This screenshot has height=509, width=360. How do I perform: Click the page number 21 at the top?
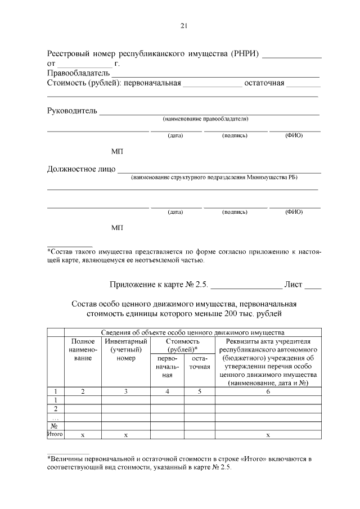(183, 25)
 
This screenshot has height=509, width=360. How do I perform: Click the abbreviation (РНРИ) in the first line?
(245, 54)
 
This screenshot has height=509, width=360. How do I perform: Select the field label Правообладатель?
(78, 74)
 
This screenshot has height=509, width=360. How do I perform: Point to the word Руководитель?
(72, 110)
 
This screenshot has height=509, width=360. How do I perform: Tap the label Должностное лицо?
(81, 169)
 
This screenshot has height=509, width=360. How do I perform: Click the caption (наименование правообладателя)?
(205, 119)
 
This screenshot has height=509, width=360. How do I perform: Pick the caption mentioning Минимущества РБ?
(214, 178)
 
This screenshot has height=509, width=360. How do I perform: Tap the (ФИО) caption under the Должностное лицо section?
(294, 212)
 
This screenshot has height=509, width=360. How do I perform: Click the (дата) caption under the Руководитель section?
(175, 136)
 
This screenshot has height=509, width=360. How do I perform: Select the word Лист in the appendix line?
(293, 285)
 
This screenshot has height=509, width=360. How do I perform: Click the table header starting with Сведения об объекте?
(192, 332)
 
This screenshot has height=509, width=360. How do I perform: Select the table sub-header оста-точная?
(200, 363)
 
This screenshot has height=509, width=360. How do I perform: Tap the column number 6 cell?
(268, 391)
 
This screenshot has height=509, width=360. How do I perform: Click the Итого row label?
(55, 435)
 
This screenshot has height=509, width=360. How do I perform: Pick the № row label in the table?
(55, 426)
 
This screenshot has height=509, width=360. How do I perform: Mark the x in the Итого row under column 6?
(268, 435)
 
